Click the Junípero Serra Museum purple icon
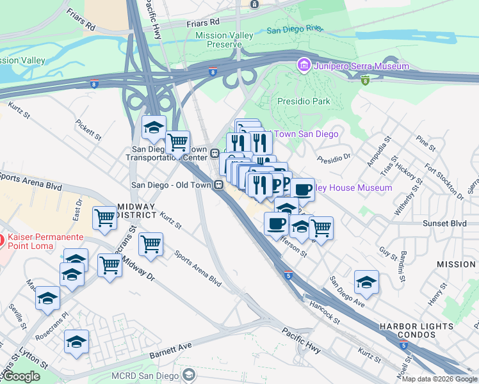click(303, 66)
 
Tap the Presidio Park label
click(304, 101)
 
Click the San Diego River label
click(294, 29)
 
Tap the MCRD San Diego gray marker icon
click(188, 373)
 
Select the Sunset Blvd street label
click(444, 223)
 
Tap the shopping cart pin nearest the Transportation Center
click(177, 141)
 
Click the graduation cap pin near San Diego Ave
click(366, 281)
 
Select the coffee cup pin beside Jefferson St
click(276, 223)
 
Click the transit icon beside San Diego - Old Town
click(218, 184)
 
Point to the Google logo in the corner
click(20, 376)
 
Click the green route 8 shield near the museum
click(364, 80)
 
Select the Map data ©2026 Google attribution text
click(439, 379)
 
